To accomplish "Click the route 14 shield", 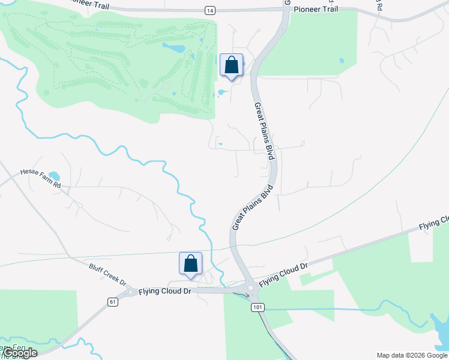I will click(x=209, y=11).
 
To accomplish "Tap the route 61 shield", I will click(x=112, y=302).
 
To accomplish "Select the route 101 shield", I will click(x=257, y=307).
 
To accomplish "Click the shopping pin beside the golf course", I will click(x=231, y=65).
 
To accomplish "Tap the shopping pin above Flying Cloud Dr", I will click(x=190, y=264).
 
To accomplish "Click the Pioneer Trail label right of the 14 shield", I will click(x=316, y=10).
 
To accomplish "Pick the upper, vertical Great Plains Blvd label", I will click(x=264, y=131).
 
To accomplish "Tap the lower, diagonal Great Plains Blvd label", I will click(x=252, y=208).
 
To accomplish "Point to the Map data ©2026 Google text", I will click(x=412, y=355).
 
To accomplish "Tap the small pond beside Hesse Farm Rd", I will click(x=54, y=176).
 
